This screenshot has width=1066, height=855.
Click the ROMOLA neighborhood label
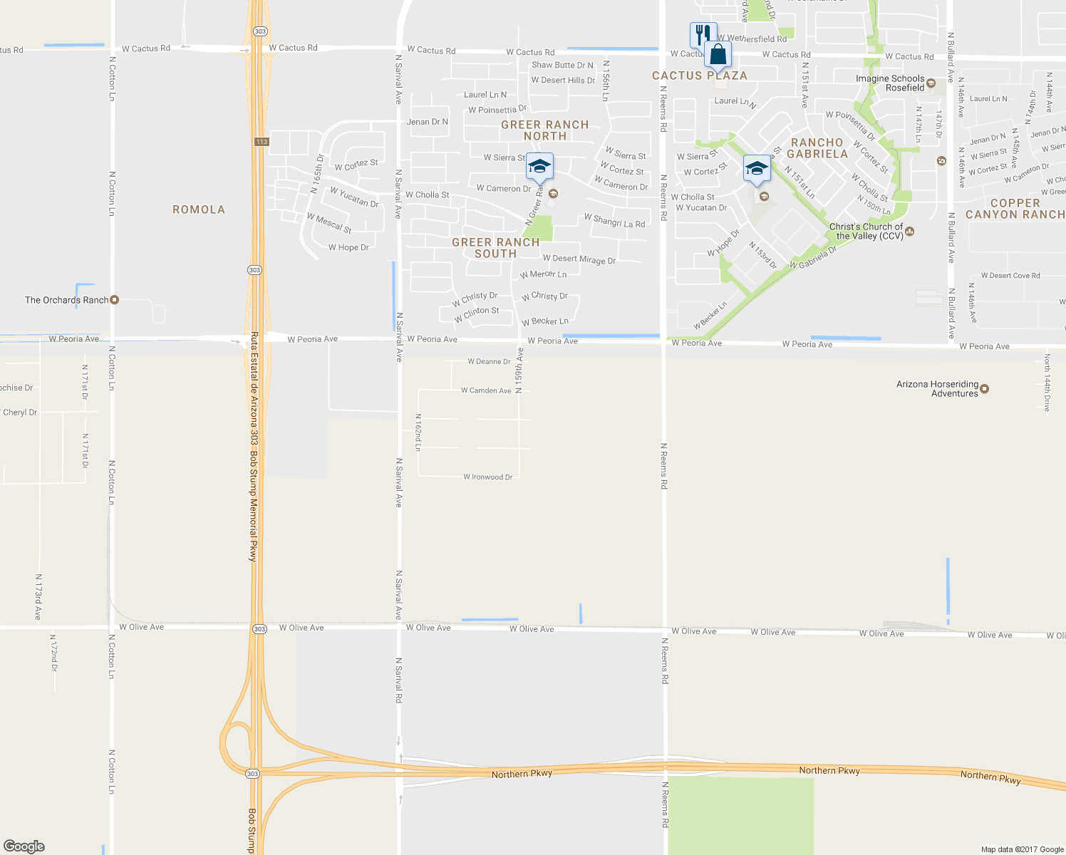[x=199, y=209]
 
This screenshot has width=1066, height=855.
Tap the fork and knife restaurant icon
[x=703, y=34]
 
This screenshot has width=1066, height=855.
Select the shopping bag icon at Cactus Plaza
[x=718, y=54]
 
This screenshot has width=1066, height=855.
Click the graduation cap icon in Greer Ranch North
[x=539, y=167]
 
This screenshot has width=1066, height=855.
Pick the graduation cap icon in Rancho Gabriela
[x=756, y=169]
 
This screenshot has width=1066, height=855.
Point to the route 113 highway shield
[x=262, y=142]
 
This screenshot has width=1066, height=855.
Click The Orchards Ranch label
[x=68, y=300]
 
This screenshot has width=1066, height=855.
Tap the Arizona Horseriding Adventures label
[x=938, y=389]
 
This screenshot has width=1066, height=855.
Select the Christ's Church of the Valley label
[x=866, y=232]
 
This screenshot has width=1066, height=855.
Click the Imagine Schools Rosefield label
[x=891, y=83]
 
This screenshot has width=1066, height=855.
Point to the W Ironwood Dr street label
[x=488, y=477]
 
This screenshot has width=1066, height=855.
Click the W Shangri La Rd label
[x=614, y=221]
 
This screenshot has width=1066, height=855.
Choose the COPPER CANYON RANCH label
[x=1015, y=209]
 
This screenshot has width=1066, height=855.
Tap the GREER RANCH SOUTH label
[x=496, y=248]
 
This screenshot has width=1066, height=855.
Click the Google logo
[x=24, y=846]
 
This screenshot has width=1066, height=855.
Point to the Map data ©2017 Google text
[x=1022, y=849]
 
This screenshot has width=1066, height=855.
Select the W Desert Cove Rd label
[x=1010, y=276]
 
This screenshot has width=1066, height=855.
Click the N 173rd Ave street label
[x=38, y=597]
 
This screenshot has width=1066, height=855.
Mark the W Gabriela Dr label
[x=813, y=258]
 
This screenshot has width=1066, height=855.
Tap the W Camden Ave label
[x=486, y=390]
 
